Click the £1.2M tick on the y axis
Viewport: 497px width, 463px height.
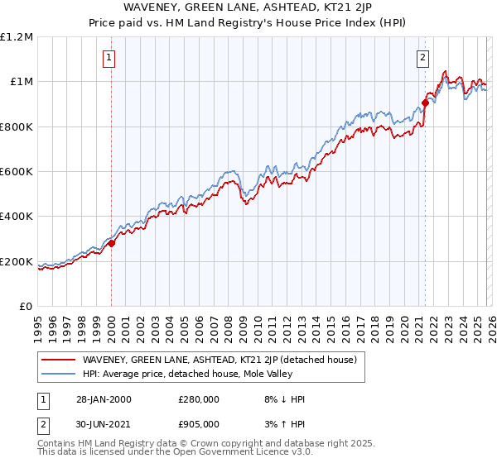[17, 36]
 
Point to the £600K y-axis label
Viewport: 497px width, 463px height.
[17, 171]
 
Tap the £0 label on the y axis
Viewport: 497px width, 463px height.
[26, 306]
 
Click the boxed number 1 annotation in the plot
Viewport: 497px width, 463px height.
[110, 57]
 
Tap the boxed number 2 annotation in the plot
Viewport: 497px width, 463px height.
[423, 57]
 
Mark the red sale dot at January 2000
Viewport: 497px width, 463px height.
[111, 243]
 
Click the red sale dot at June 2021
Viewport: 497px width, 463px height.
[425, 103]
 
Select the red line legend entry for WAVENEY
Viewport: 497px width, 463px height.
[220, 360]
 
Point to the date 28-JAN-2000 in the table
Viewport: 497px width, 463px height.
[101, 399]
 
